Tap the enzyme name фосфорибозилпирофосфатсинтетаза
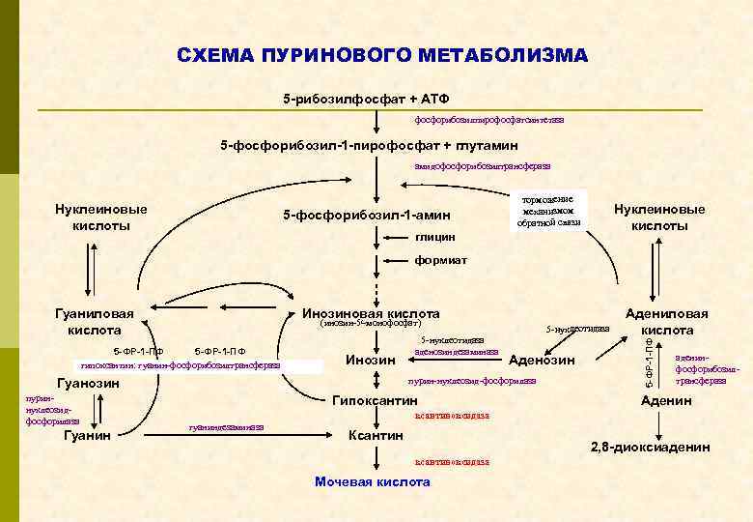tap(488, 120)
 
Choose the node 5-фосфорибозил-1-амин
tap(366, 214)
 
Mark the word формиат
tap(440, 259)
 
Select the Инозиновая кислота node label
tap(371, 313)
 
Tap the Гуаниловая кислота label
tap(94, 321)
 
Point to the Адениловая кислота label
tap(666, 321)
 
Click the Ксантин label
tap(375, 435)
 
